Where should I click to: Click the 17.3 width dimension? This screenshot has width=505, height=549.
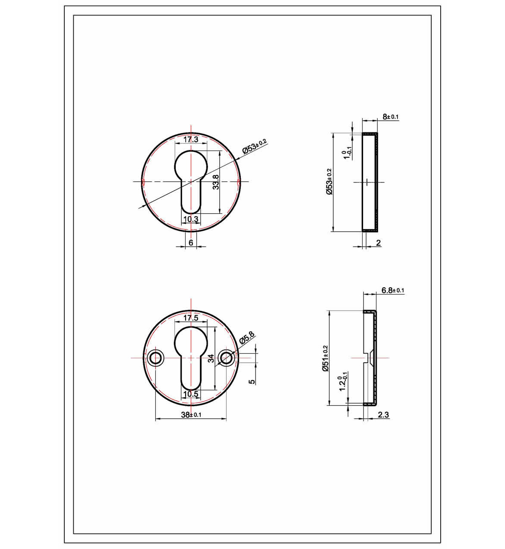(x=191, y=139)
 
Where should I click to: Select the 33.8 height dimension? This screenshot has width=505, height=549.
(x=216, y=182)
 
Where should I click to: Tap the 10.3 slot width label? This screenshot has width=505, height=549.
(x=190, y=219)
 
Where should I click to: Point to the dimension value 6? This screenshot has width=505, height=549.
(x=191, y=243)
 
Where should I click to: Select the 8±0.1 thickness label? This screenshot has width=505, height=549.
(x=391, y=117)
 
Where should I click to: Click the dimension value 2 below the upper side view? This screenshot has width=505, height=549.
(x=379, y=243)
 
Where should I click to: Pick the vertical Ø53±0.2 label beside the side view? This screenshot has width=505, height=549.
(x=329, y=182)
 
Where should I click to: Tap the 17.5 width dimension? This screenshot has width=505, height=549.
(x=190, y=318)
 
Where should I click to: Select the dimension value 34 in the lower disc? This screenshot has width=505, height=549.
(x=211, y=358)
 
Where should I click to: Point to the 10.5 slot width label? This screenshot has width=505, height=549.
(x=190, y=394)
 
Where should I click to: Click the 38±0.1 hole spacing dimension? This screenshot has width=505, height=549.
(x=191, y=415)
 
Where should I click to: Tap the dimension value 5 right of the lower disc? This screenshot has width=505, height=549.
(x=252, y=381)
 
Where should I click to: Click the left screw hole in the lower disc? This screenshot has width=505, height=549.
(x=155, y=358)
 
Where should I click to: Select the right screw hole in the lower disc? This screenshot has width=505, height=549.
(x=226, y=358)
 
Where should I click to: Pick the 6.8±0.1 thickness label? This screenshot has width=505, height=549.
(x=392, y=290)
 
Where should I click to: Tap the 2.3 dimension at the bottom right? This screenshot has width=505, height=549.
(x=383, y=415)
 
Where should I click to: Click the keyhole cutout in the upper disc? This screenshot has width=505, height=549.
(x=191, y=173)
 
